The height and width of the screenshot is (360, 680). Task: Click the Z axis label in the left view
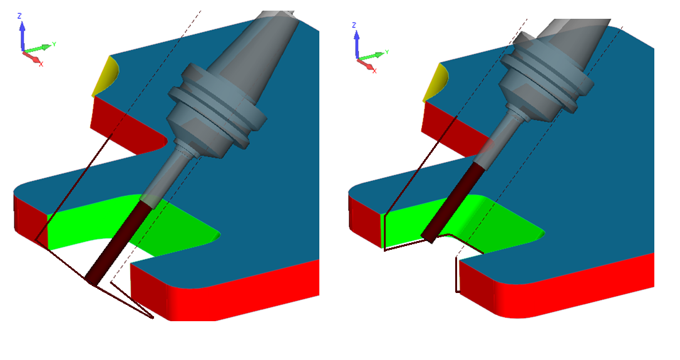(x=19, y=16)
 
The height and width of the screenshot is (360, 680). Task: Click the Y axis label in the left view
(x=54, y=44)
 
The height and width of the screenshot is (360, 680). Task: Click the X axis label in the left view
(x=41, y=64)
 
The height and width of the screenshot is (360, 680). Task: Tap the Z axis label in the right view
(x=354, y=25)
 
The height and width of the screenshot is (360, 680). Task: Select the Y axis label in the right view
(x=386, y=52)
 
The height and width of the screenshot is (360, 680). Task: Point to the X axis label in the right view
(x=374, y=71)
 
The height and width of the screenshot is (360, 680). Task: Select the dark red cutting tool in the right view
(x=452, y=202)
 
